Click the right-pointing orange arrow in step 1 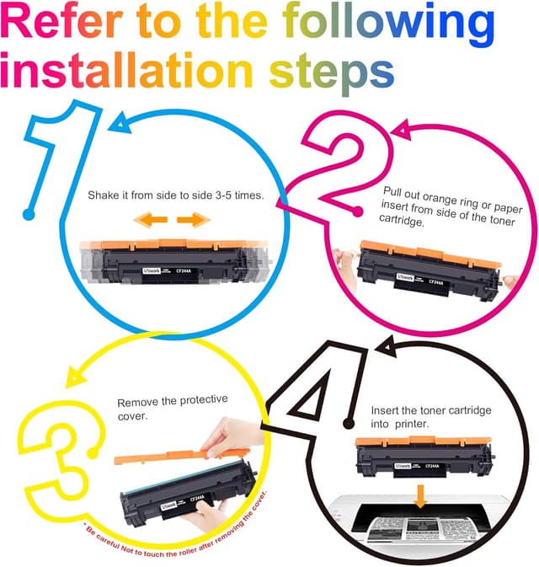click(x=193, y=221)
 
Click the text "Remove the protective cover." click(x=173, y=409)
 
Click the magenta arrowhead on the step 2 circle click(x=403, y=129)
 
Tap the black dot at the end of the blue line click(x=29, y=215)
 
